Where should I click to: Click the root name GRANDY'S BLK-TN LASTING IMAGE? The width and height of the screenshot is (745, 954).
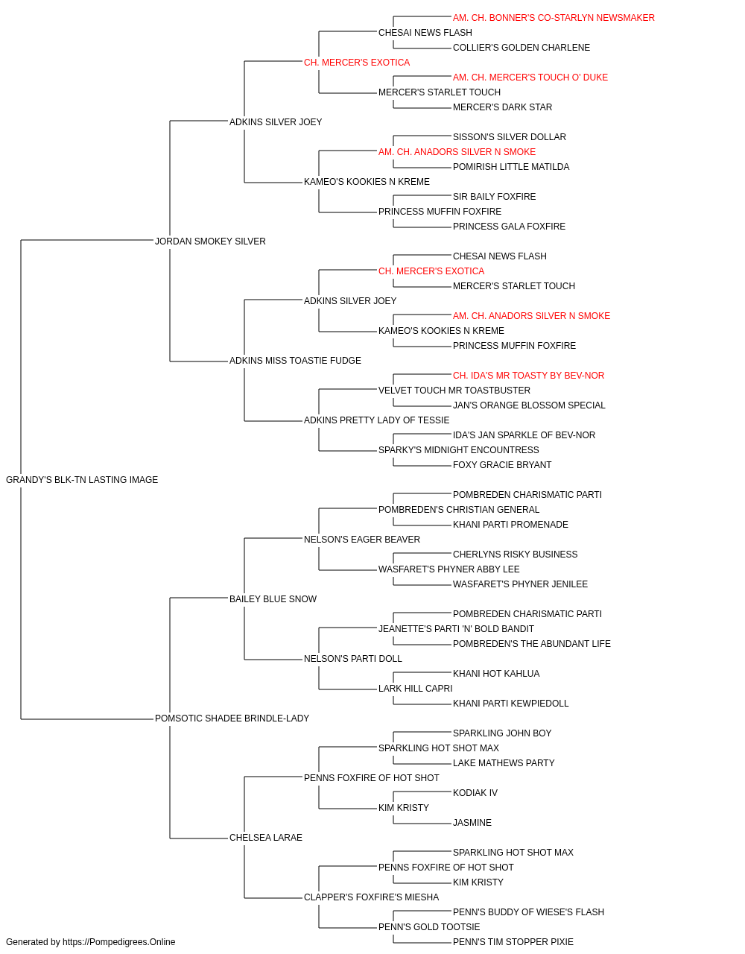tap(82, 480)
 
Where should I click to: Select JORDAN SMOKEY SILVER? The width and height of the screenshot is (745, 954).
tap(210, 241)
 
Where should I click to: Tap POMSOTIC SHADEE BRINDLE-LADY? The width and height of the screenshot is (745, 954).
tap(232, 718)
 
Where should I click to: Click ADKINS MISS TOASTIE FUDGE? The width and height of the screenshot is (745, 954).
tap(295, 361)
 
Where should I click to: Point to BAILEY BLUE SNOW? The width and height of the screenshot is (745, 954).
tap(273, 599)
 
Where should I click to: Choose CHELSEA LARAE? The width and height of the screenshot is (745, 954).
tap(266, 838)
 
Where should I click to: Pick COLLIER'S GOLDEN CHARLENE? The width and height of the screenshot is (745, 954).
tap(521, 48)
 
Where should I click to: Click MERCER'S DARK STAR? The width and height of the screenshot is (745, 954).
tap(502, 107)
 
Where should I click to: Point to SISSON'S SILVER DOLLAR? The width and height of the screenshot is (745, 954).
tap(510, 137)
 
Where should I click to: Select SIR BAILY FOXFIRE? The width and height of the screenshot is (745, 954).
tap(495, 197)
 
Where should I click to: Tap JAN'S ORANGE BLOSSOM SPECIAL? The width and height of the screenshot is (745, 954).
tap(529, 405)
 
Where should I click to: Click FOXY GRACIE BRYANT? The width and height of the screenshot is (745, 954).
tap(502, 465)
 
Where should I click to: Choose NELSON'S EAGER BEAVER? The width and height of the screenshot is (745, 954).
tap(362, 540)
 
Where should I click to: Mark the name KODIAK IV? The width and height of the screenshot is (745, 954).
tap(475, 793)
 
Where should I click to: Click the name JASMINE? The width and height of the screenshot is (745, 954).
tap(472, 823)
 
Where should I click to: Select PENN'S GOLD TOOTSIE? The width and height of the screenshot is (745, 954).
tap(429, 926)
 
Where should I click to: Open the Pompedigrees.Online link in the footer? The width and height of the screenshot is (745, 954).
tap(119, 942)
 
